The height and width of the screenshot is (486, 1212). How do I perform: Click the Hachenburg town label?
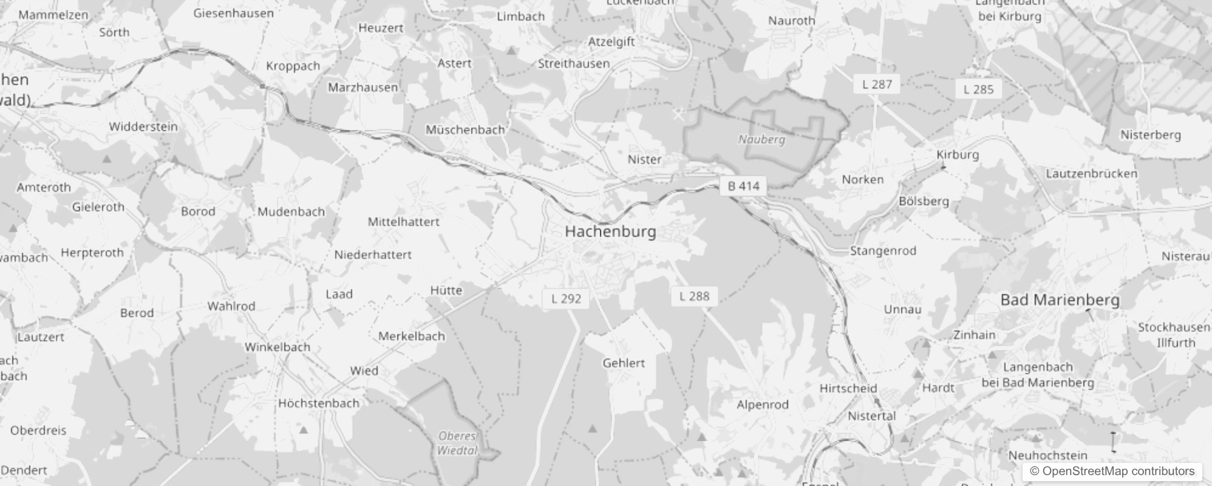(x=610, y=231)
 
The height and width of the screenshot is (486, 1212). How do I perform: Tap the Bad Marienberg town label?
(x=1060, y=299)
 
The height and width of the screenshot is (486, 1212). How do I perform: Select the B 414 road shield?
(x=743, y=187)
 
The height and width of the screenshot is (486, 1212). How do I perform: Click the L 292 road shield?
(x=566, y=299)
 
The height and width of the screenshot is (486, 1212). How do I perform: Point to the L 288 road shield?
(x=694, y=296)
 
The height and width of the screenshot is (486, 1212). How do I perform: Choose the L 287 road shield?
(x=877, y=84)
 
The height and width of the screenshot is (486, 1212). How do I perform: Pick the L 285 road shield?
(x=978, y=90)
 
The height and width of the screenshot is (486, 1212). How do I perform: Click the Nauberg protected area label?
(x=761, y=140)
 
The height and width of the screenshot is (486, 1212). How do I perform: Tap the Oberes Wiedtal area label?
(x=457, y=443)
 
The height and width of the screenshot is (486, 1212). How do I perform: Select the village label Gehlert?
(x=624, y=363)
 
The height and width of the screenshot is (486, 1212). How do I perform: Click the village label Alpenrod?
(x=763, y=405)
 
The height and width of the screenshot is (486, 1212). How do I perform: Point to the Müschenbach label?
(x=465, y=130)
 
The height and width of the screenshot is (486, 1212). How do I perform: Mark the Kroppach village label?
(x=293, y=66)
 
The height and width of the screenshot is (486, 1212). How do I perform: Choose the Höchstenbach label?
(x=319, y=403)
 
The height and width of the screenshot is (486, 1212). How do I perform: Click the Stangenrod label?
(x=883, y=251)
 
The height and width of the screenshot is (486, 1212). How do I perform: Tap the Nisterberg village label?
(x=1150, y=135)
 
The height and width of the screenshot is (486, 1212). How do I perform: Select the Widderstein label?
(x=143, y=127)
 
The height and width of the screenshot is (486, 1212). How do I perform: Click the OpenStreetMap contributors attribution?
(x=1112, y=471)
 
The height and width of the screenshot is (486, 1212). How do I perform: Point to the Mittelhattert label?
(x=403, y=222)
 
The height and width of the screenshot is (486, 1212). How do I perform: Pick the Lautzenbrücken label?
(x=1091, y=174)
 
